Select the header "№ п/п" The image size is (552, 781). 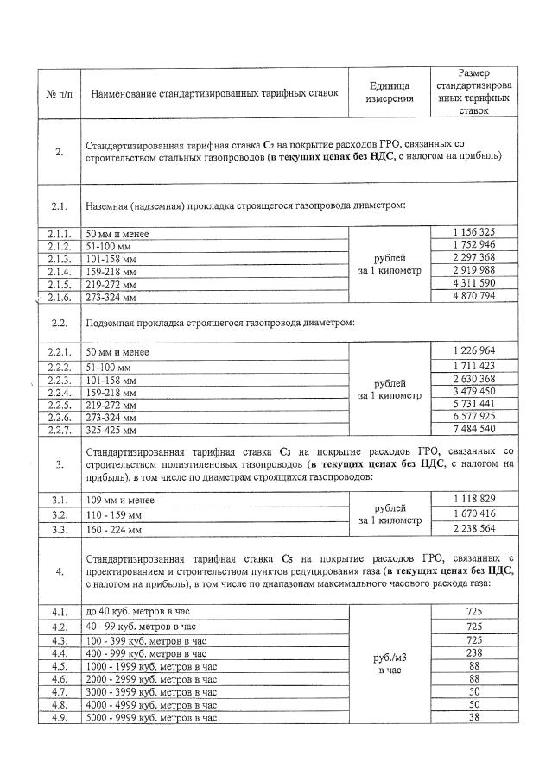click(59, 92)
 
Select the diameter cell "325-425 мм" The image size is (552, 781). click(111, 429)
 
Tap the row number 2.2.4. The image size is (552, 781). click(59, 392)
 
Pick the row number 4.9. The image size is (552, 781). click(59, 717)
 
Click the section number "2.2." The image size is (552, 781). click(59, 323)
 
